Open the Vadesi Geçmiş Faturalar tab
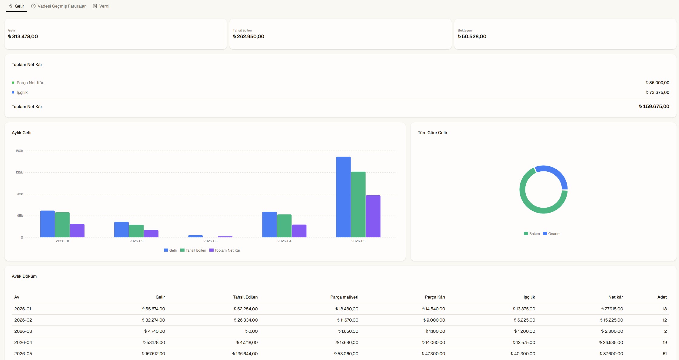click(58, 6)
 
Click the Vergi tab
click(101, 6)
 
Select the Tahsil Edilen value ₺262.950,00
click(248, 36)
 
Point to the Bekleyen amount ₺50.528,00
click(472, 36)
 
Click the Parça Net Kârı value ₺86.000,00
click(657, 83)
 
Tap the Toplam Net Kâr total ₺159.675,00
click(654, 107)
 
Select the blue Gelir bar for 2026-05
click(343, 197)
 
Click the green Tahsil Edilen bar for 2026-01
click(62, 225)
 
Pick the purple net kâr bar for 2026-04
click(299, 231)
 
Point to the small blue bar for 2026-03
click(195, 236)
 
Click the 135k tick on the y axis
click(19, 172)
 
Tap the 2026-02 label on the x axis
click(136, 241)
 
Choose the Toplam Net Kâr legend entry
click(225, 250)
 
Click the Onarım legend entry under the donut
click(552, 234)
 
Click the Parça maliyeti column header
click(344, 297)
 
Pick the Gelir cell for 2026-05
click(153, 354)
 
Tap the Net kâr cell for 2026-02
click(611, 320)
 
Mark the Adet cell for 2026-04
click(665, 342)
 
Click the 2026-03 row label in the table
click(23, 331)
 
